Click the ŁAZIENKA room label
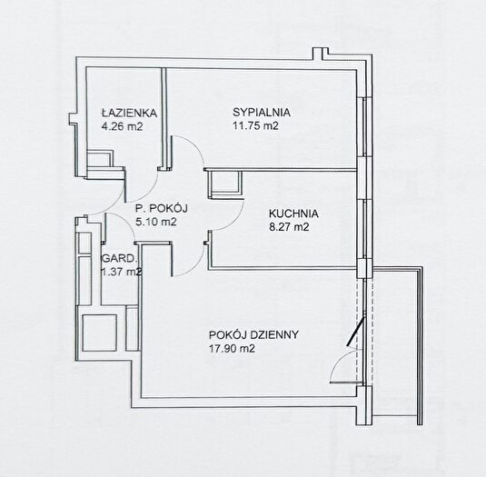(x=129, y=113)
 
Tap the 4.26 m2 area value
(x=122, y=126)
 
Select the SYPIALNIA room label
(x=262, y=112)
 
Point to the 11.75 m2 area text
(x=255, y=125)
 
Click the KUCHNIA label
(x=293, y=214)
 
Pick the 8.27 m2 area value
(x=289, y=227)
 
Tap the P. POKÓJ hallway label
(x=162, y=208)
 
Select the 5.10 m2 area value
(x=156, y=222)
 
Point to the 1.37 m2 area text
(x=122, y=272)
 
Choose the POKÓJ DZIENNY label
(x=253, y=334)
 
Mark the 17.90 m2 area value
(x=232, y=349)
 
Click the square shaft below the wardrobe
(x=100, y=333)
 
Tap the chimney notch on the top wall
(x=320, y=54)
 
